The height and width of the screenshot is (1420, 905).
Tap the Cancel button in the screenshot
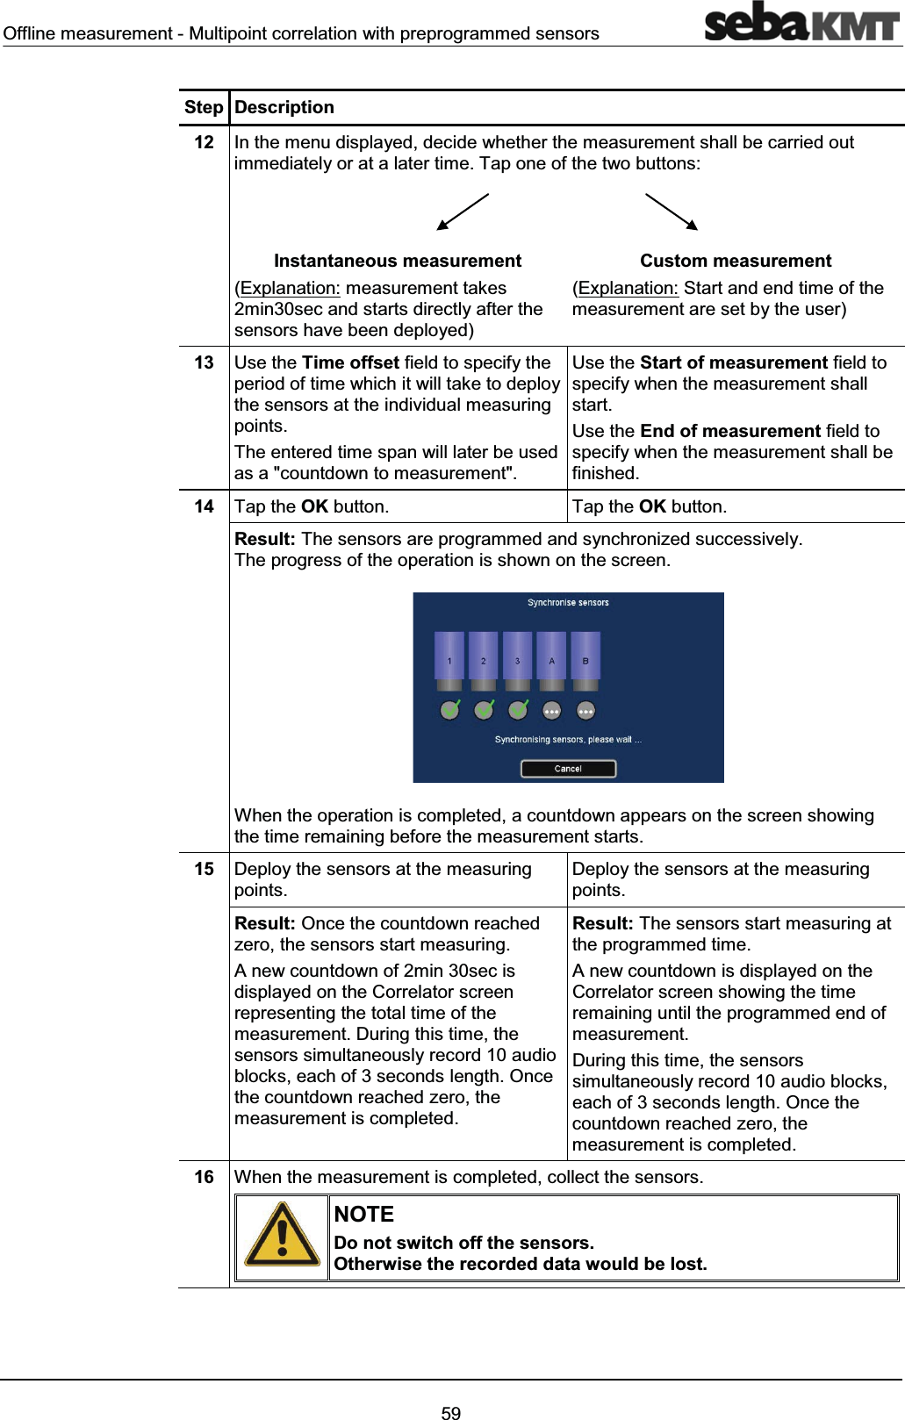click(568, 769)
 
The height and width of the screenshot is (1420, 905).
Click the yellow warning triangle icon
click(282, 1236)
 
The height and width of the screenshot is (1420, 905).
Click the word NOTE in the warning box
click(363, 1215)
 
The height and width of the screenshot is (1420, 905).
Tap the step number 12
click(204, 142)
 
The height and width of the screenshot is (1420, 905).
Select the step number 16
click(204, 1177)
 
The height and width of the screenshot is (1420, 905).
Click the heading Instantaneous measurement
click(397, 261)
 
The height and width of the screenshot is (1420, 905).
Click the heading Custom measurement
click(735, 261)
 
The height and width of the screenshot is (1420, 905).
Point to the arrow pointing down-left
click(462, 212)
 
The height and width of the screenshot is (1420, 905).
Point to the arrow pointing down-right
click(672, 212)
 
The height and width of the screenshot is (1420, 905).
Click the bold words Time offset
click(350, 362)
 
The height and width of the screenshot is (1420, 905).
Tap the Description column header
click(284, 107)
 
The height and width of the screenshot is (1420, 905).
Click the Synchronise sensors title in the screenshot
click(568, 603)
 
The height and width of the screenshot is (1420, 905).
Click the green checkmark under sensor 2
click(484, 710)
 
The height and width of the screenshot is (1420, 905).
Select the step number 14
click(204, 506)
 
